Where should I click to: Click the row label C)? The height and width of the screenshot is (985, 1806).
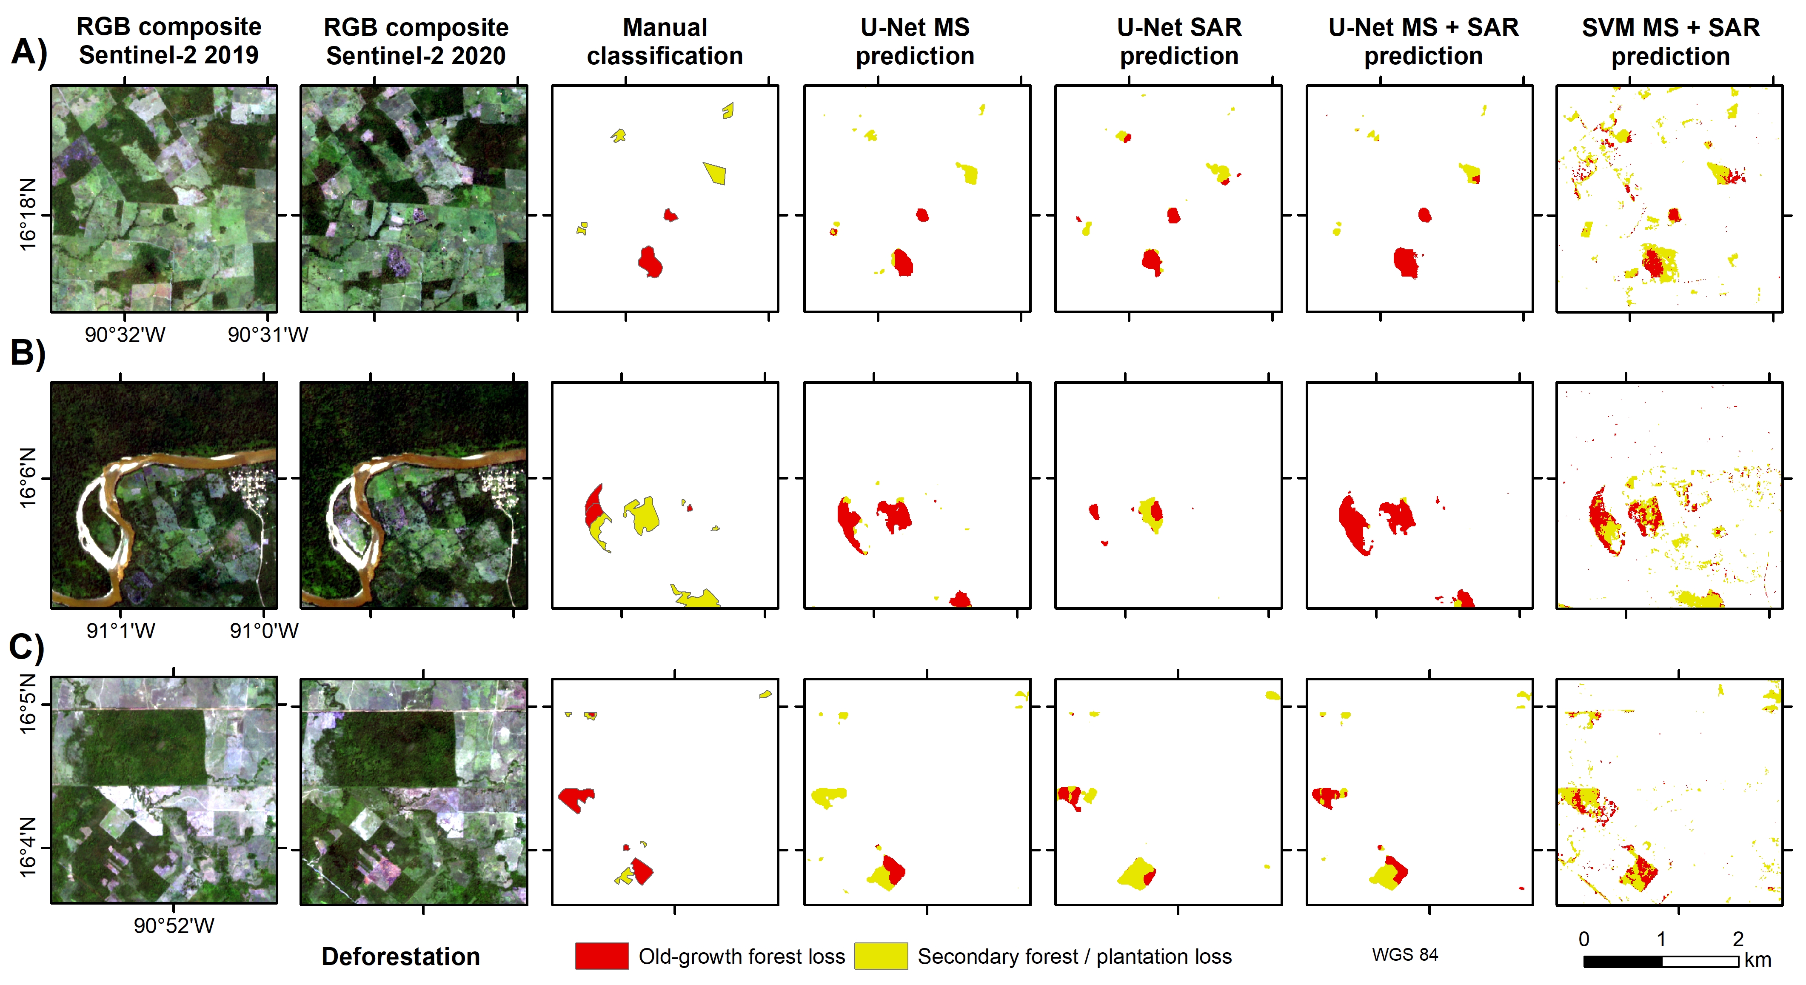tap(27, 646)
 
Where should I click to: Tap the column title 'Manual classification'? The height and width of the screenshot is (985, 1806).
tap(665, 42)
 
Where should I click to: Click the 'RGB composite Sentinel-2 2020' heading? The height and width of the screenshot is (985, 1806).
tap(416, 42)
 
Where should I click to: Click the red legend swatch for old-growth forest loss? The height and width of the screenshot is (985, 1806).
tap(602, 956)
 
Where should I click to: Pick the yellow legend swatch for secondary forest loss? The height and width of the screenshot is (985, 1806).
tap(881, 956)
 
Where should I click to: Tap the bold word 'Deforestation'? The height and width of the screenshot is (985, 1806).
tap(400, 956)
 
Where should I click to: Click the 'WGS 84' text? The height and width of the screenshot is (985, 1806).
tap(1404, 955)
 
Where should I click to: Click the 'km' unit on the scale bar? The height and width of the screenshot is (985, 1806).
tap(1757, 960)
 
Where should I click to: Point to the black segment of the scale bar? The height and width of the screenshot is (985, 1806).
tap(1622, 961)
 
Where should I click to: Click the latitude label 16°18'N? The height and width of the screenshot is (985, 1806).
tap(27, 214)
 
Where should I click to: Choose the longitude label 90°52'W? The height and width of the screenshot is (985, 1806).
tap(174, 925)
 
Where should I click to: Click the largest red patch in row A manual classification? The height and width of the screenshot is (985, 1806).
tap(650, 262)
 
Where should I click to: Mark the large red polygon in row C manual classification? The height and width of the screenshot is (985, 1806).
tap(576, 798)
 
